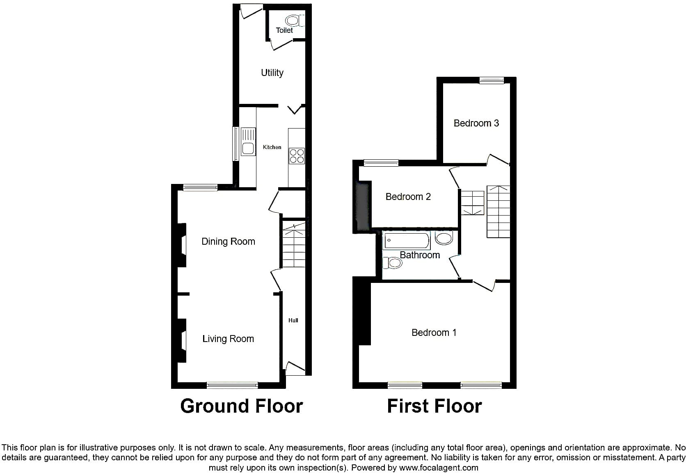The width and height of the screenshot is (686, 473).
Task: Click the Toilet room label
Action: click(x=284, y=30)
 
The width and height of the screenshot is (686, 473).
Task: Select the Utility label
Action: click(x=272, y=73)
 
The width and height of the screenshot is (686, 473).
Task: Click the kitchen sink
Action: click(x=248, y=142)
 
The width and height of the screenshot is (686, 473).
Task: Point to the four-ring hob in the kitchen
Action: click(x=297, y=156)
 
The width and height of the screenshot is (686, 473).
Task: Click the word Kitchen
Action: click(x=272, y=147)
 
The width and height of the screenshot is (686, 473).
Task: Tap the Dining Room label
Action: click(x=228, y=241)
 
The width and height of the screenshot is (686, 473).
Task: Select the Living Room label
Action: click(x=228, y=339)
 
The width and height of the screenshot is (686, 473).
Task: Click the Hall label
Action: click(x=293, y=320)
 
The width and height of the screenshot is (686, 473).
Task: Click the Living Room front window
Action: click(x=232, y=385)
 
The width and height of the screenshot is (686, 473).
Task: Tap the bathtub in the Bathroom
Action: click(x=407, y=241)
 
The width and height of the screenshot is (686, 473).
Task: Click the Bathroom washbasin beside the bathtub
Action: click(x=444, y=238)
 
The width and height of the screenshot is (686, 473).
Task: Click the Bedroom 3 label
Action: click(x=476, y=123)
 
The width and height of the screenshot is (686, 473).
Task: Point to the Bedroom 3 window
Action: click(x=492, y=80)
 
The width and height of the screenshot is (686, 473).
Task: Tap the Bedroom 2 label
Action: click(x=408, y=197)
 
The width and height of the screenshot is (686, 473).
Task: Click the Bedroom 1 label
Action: click(x=434, y=333)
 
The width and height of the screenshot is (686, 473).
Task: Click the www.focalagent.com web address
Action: click(x=439, y=468)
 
